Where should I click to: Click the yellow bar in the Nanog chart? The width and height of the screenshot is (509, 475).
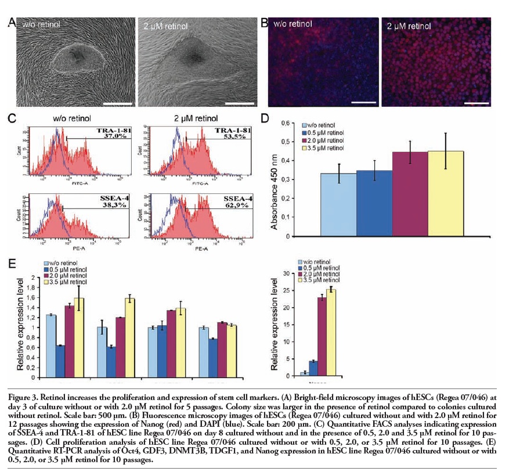[x=331, y=331]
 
